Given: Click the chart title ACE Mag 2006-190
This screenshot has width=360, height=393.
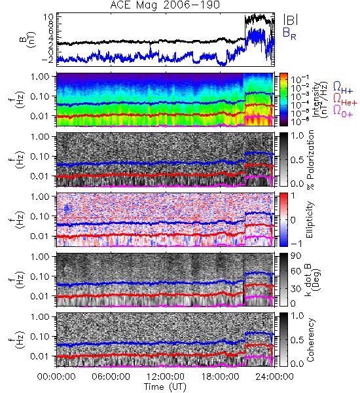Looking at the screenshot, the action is click(165, 5).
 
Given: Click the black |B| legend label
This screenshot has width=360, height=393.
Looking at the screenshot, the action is click(291, 20).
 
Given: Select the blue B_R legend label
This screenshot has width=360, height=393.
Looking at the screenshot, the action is click(289, 33).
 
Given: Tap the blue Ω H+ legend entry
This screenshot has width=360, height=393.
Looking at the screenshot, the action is click(343, 88).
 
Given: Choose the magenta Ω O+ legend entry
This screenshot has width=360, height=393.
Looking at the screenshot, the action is click(343, 111).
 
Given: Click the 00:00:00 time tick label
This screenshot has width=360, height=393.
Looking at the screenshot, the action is click(56, 377).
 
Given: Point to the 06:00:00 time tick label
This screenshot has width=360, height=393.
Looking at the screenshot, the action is click(111, 377).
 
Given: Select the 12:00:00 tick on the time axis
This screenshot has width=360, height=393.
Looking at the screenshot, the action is click(166, 377).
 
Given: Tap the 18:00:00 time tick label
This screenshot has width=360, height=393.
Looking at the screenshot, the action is click(220, 377).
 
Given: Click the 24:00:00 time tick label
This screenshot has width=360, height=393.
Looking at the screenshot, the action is click(274, 377).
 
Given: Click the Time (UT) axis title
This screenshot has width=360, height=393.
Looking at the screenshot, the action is click(165, 387).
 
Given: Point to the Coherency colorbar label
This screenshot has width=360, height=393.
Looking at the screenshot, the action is click(310, 340).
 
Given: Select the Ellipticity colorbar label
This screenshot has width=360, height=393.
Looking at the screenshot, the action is click(310, 220).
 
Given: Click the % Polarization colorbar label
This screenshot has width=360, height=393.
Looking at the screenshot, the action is click(310, 160).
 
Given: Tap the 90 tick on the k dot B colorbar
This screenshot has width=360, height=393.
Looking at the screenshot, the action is click(295, 256).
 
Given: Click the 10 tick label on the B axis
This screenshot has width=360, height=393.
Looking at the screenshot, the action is click(48, 17).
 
